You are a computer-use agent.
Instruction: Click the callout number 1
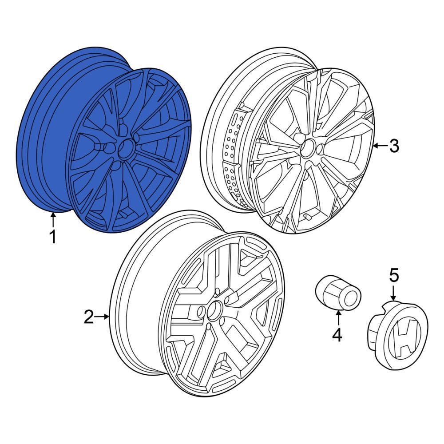pyautogui.click(x=53, y=237)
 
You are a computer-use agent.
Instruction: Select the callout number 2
pyautogui.click(x=89, y=317)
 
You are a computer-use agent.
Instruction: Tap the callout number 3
pyautogui.click(x=394, y=146)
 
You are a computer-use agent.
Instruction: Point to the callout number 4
pyautogui.click(x=337, y=334)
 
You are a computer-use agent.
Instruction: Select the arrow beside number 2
pyautogui.click(x=103, y=317)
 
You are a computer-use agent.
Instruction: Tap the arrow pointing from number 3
pyautogui.click(x=378, y=146)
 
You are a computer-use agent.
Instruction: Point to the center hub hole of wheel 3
pyautogui.click(x=307, y=148)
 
